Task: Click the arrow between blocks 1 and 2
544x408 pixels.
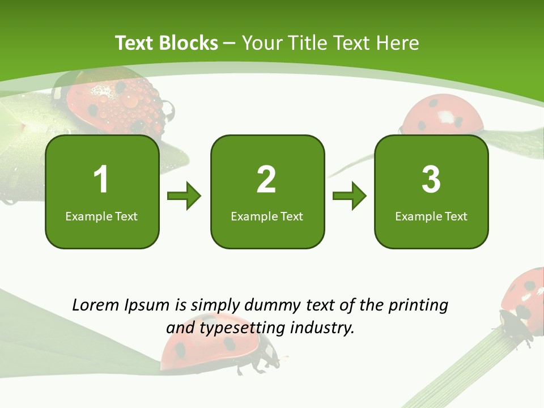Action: click(x=184, y=196)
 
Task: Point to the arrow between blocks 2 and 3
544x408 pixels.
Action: click(x=350, y=196)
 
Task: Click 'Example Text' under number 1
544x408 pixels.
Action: click(x=101, y=216)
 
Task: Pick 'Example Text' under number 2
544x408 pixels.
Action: click(x=267, y=216)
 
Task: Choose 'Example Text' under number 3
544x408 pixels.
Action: click(x=431, y=216)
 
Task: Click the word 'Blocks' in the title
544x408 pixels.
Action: click(x=188, y=43)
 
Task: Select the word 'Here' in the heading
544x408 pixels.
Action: click(x=398, y=43)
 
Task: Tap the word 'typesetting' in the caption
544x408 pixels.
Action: click(x=239, y=328)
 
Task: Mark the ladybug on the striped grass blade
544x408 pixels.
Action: click(x=524, y=303)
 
